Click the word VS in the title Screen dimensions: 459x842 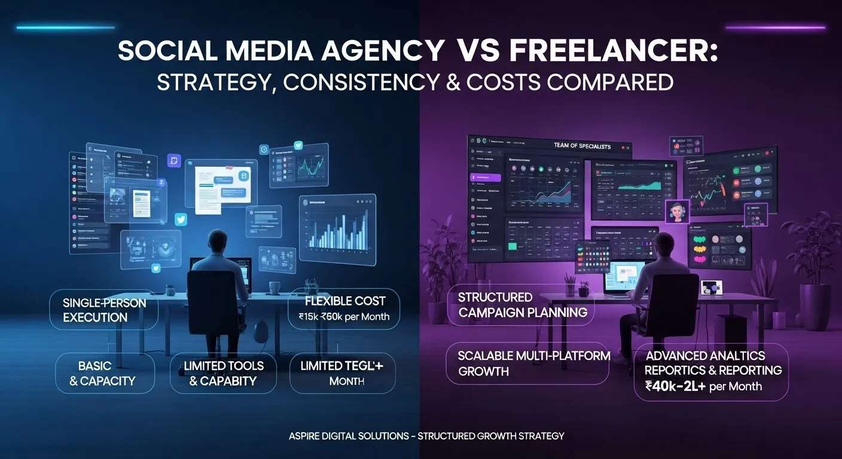[478, 50]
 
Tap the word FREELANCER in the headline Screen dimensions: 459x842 [614, 50]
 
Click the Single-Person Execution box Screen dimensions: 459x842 [103, 310]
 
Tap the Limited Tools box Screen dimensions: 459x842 [223, 372]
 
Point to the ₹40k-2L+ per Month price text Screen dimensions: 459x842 [703, 386]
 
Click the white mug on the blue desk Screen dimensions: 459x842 [273, 287]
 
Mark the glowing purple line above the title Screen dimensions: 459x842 [775, 27]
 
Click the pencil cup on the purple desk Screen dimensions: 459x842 [570, 288]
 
